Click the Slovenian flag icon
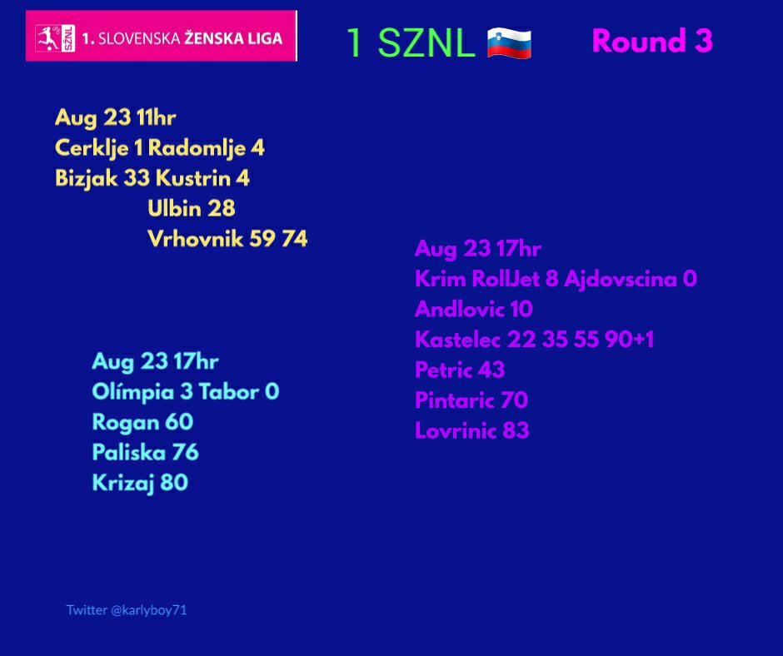509,43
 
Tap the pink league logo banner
162,36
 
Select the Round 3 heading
651,41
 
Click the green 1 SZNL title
411,42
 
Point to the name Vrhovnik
195,239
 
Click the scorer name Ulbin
174,208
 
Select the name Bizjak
86,179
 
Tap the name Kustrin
192,177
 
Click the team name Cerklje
91,148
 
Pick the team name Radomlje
197,148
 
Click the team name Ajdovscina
621,279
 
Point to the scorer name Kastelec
457,340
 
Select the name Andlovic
459,309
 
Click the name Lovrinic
456,430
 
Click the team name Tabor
229,391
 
